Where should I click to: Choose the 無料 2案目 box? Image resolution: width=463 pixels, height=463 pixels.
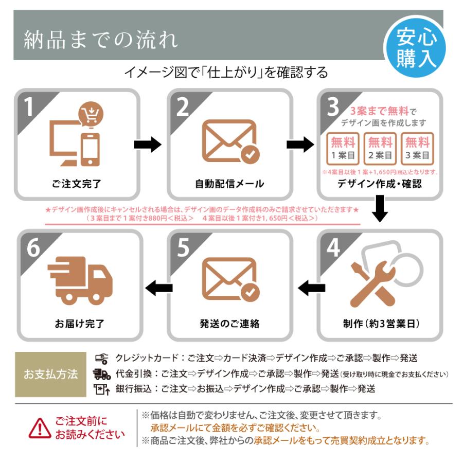[380, 148]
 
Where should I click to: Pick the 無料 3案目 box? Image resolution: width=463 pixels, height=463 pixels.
[417, 148]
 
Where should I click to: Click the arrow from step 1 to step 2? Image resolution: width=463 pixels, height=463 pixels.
[148, 145]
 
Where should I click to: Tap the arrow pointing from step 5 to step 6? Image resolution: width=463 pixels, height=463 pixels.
[158, 289]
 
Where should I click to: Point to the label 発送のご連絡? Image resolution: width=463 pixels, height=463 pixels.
[229, 324]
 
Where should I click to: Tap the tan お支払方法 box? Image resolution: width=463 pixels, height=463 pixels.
[50, 374]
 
